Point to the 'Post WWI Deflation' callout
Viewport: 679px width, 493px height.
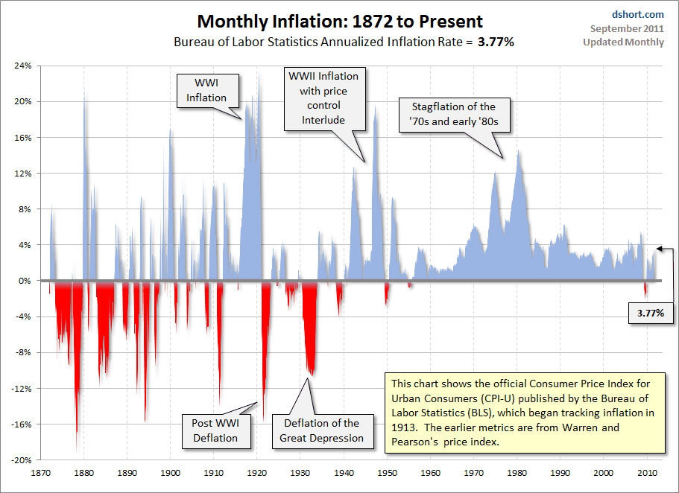[x=215, y=430]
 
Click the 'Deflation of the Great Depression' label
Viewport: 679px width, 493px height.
[x=321, y=430]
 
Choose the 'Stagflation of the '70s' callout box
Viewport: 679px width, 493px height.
[x=453, y=114]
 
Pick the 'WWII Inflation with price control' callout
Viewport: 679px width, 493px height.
[x=323, y=98]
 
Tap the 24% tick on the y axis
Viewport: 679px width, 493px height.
[x=22, y=66]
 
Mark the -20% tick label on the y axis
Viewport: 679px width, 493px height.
[x=20, y=460]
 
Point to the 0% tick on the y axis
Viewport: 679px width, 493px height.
[x=25, y=281]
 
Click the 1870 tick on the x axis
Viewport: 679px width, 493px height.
[x=41, y=472]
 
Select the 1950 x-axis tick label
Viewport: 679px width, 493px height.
[x=386, y=472]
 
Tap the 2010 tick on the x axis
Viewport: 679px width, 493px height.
[x=645, y=472]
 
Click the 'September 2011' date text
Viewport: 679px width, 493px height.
[x=627, y=28]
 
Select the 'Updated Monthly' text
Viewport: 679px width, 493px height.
[x=623, y=42]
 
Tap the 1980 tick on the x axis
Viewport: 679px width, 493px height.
[x=516, y=472]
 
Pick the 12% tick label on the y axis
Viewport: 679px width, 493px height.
[x=22, y=174]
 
